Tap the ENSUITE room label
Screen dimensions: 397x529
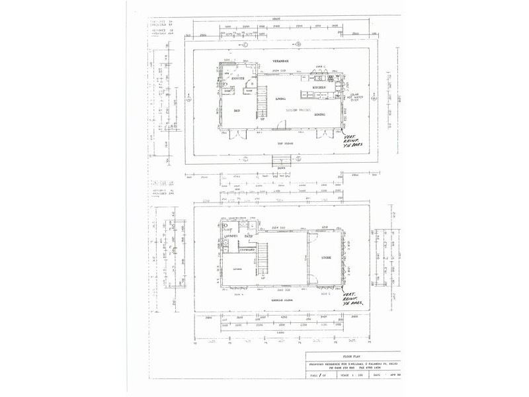pos(239,79)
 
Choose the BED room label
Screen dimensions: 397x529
pos(236,111)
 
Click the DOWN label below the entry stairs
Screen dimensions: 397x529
pos(282,167)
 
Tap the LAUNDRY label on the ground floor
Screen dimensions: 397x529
pos(231,236)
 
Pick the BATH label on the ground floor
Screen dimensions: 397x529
pos(249,236)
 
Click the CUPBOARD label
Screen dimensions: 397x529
pos(248,249)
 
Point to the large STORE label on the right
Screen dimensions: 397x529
pos(325,257)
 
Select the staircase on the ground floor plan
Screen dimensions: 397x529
pos(264,259)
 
